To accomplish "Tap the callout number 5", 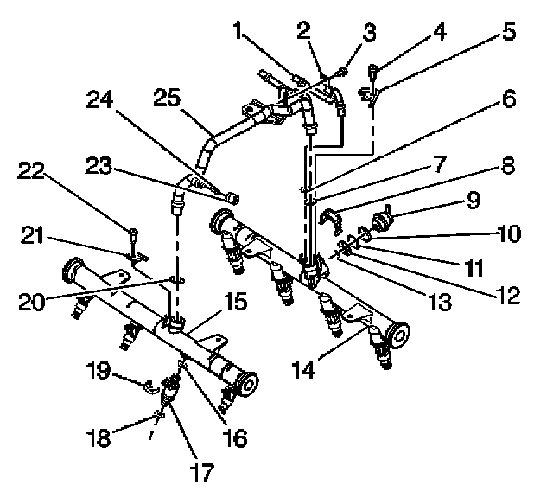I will click(x=507, y=32).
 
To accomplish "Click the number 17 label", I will click(x=201, y=472).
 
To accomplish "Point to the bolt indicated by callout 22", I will click(x=133, y=233).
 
